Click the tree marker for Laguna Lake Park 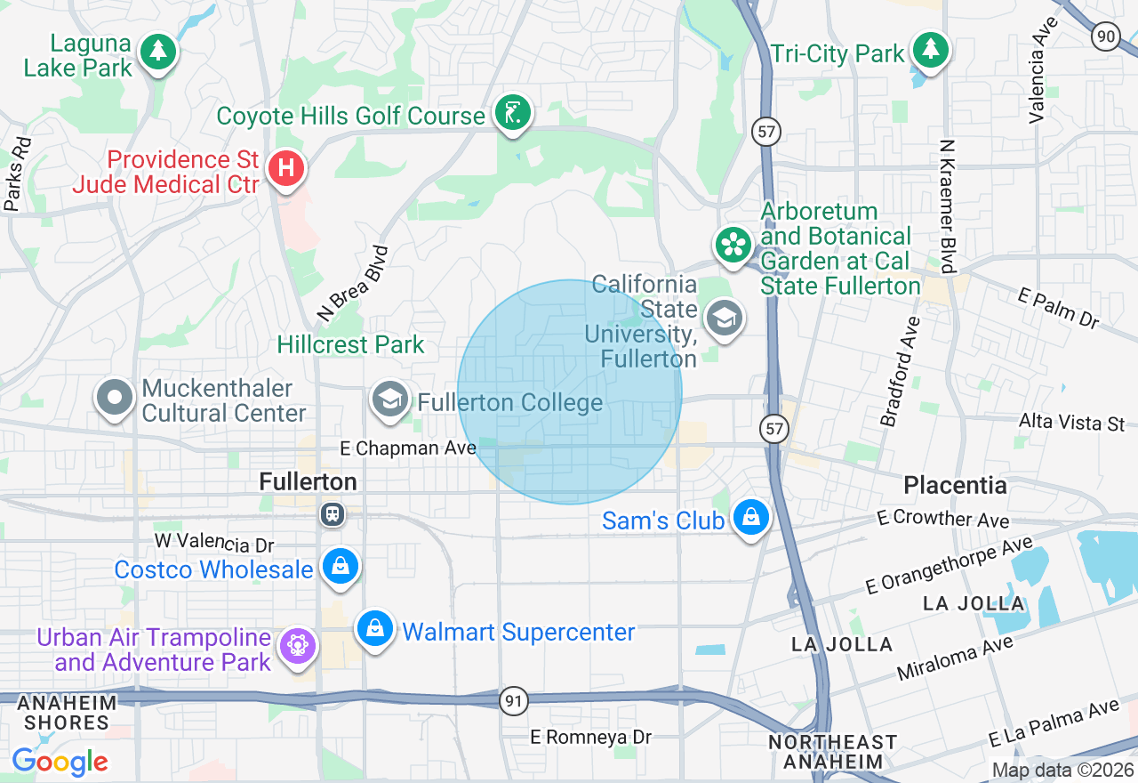coord(158,52)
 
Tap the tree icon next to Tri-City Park coord(930,50)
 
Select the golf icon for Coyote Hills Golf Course coord(513,113)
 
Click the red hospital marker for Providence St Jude coord(286,168)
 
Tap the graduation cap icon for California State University coord(725,318)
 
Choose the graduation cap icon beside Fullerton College coord(389,400)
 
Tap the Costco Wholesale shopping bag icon coord(340,566)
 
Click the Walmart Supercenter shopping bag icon coord(375,628)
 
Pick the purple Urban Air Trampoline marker coord(297,646)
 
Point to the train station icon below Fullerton coord(333,514)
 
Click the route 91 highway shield coord(513,701)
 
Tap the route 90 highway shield coord(1105,36)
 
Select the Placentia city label coord(955,486)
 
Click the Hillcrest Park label coord(350,344)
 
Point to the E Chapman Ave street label coord(409,448)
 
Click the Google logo coord(60,762)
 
